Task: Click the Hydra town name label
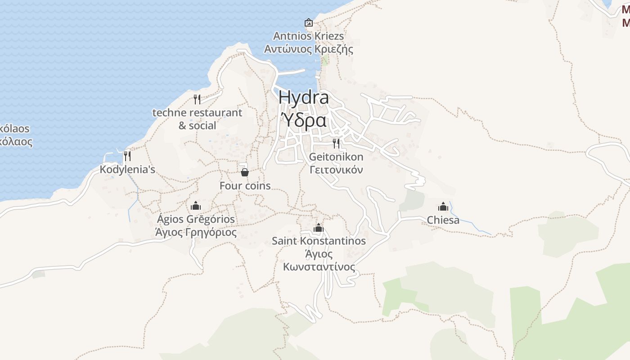point(303,98)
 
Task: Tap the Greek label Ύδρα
point(303,121)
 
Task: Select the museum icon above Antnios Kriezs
point(309,22)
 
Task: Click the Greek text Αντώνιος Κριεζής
point(309,49)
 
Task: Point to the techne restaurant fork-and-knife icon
point(197,99)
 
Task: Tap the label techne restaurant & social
point(197,119)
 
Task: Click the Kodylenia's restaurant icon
point(127,156)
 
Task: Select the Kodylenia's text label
point(127,170)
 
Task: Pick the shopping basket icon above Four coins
point(245,172)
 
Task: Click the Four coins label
point(245,185)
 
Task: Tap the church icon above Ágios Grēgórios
point(195,206)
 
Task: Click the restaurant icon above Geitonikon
point(336,143)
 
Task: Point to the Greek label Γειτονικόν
point(336,170)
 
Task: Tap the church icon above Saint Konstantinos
point(319,227)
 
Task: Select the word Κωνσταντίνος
point(319,267)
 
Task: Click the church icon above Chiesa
point(443,207)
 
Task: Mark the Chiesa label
point(443,220)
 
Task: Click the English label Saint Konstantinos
point(319,241)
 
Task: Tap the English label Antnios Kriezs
point(309,36)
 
